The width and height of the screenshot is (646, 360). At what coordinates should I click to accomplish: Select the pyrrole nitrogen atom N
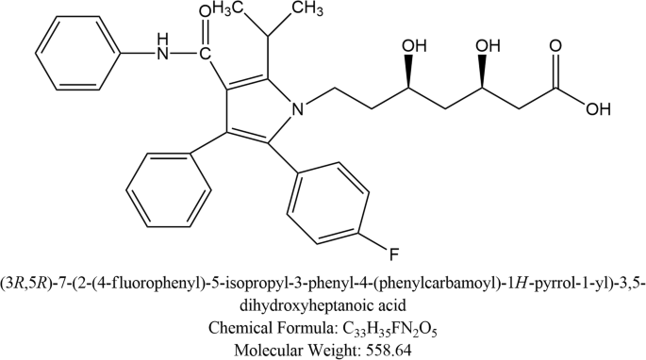(x=298, y=111)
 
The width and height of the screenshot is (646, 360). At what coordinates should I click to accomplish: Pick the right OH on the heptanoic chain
(x=487, y=44)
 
